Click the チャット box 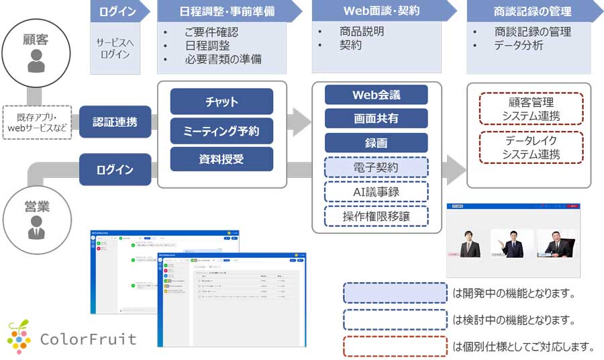(x=221, y=102)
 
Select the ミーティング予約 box (x=221, y=131)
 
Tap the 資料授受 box (x=221, y=159)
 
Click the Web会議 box (x=376, y=95)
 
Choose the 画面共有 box (x=376, y=119)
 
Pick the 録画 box (x=376, y=143)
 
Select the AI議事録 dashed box (x=376, y=191)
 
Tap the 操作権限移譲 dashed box (x=376, y=216)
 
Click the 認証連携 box (x=115, y=122)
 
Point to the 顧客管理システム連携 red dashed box (x=531, y=109)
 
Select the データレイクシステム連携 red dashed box (x=531, y=147)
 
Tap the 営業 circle (x=36, y=216)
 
